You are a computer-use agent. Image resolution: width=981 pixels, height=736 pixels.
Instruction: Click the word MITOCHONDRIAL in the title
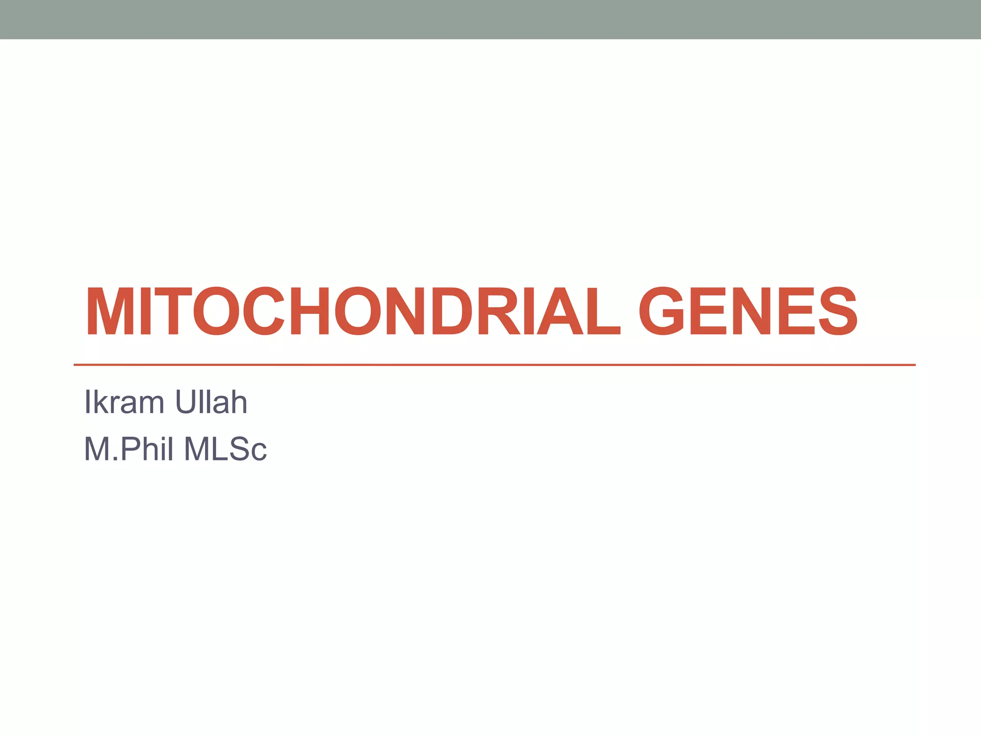coord(353,311)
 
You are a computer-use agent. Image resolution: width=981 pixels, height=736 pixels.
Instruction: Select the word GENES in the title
coord(748,311)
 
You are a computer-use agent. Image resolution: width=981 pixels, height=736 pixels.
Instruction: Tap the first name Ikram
coord(124,402)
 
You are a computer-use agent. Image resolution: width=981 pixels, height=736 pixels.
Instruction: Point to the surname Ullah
coord(211,402)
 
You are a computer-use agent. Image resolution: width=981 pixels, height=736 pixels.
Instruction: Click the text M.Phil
coord(128,449)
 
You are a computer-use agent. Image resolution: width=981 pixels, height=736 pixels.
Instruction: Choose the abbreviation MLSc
coord(226,449)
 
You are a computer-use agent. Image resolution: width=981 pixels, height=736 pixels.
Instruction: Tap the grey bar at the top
coord(490,19)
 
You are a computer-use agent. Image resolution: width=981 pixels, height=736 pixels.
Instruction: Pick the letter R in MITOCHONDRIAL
coord(498,311)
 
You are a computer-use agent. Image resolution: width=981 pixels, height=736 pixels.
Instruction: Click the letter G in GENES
coord(663,311)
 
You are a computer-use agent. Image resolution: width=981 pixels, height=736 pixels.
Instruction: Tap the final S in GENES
coord(837,311)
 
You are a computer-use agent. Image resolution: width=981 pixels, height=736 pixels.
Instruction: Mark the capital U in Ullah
coord(184,402)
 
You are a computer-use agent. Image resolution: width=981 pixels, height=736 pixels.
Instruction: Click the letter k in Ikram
coord(99,402)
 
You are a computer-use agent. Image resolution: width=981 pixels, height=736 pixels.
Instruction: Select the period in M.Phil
coord(115,459)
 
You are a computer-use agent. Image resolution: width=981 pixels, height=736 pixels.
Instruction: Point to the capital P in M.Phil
coord(131,449)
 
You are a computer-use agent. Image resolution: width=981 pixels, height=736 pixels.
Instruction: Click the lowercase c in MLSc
coord(258,453)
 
